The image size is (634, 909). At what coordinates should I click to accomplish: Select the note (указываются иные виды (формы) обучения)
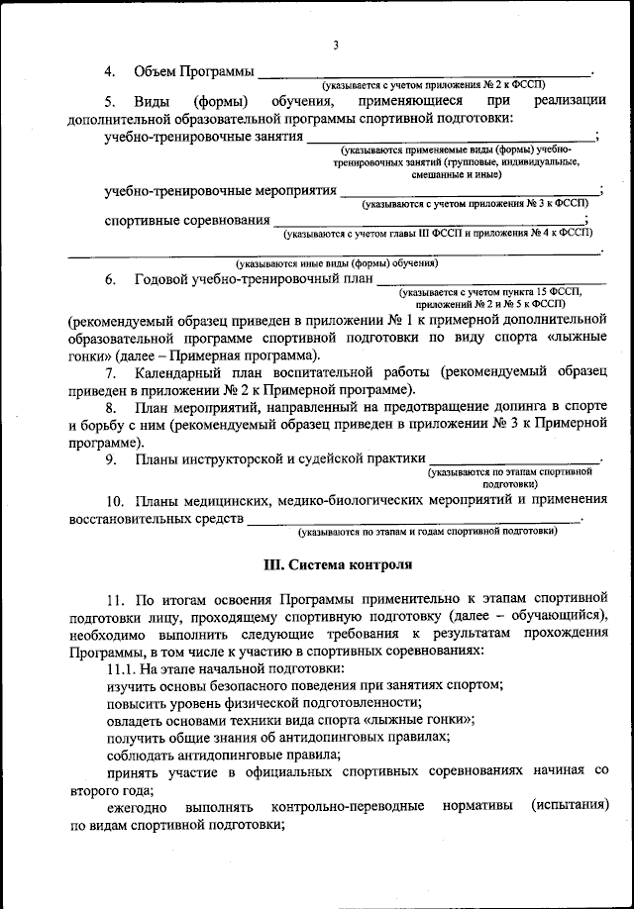click(336, 263)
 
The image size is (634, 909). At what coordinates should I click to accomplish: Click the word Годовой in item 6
click(163, 280)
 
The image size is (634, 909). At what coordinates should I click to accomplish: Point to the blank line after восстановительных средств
click(413, 519)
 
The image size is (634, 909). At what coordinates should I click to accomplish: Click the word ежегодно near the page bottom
click(138, 808)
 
